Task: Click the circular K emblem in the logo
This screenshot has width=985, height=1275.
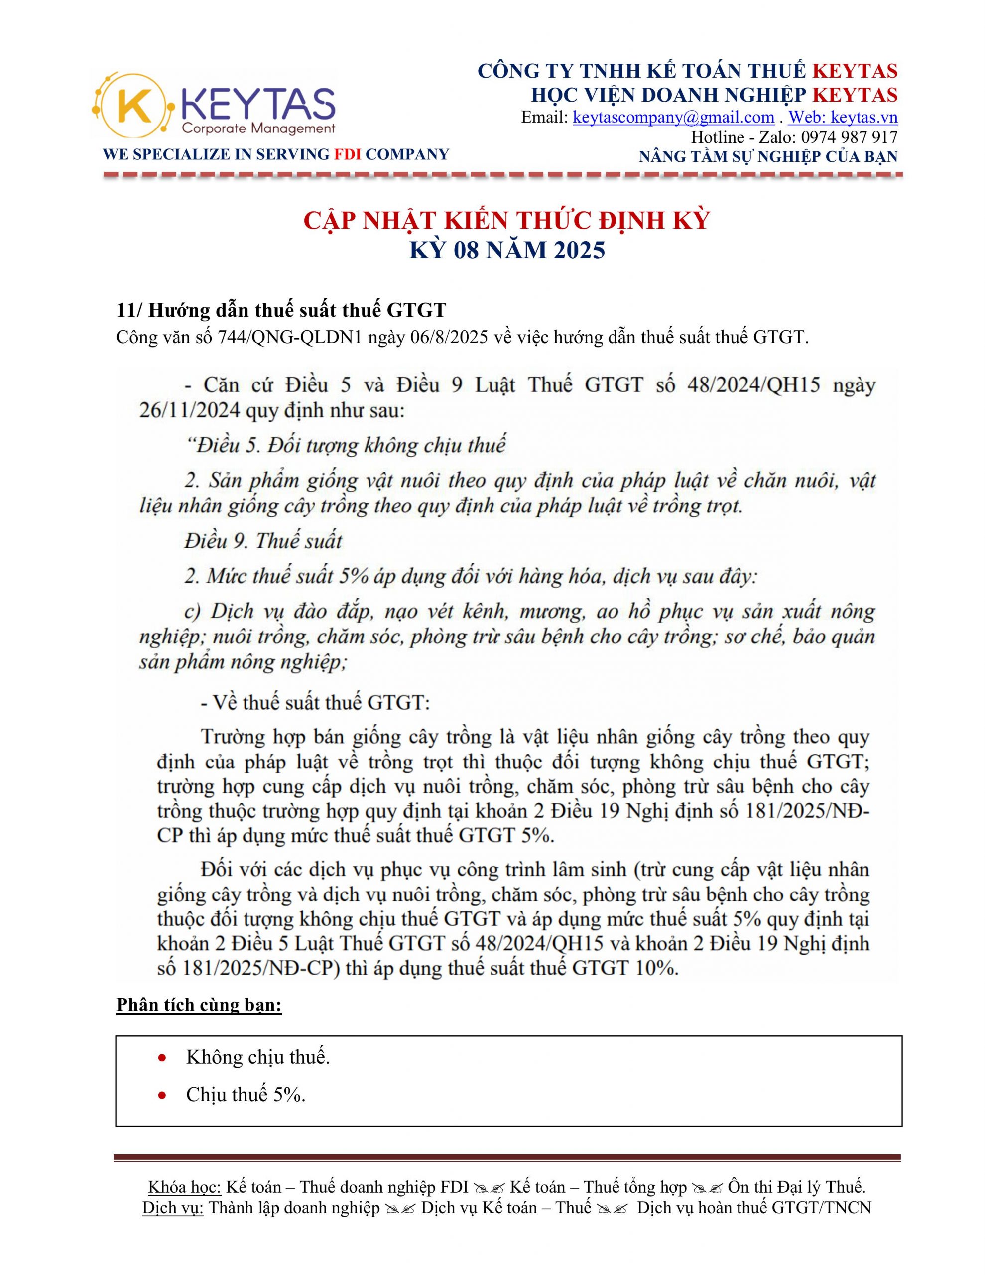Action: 133,106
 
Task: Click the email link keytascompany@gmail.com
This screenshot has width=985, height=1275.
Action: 673,118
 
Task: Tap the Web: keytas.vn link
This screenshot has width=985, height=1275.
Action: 843,118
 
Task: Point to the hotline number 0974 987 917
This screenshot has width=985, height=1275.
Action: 849,137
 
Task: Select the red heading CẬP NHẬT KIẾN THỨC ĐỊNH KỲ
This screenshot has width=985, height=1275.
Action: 506,221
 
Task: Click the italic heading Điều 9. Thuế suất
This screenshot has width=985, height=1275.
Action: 263,540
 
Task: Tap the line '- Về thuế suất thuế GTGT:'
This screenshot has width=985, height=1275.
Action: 315,702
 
